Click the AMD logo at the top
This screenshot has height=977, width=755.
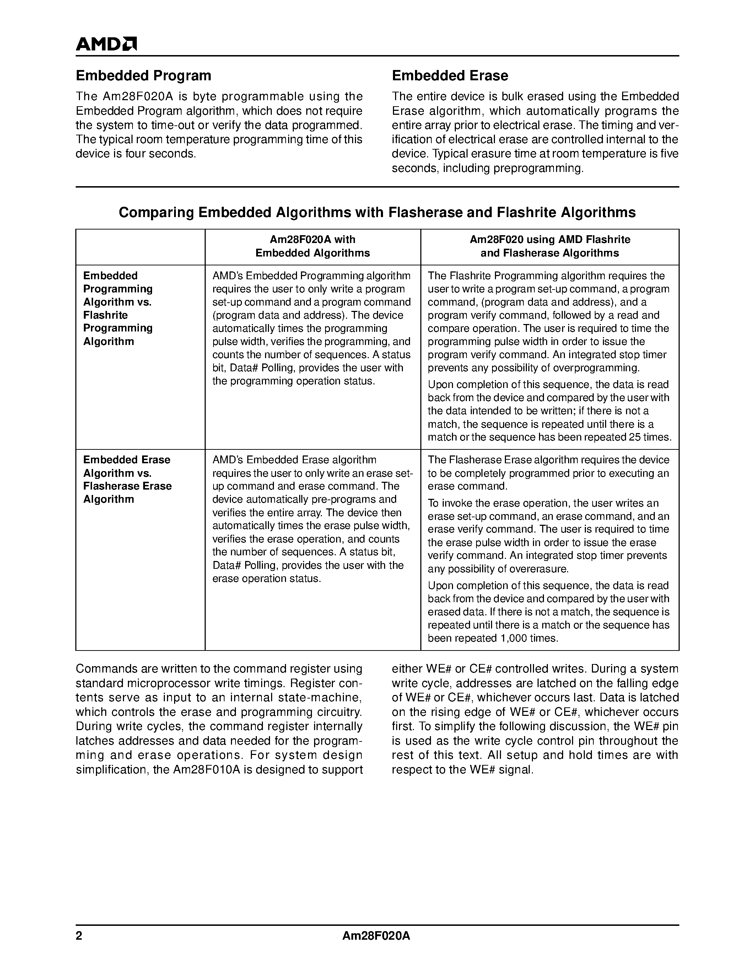point(106,44)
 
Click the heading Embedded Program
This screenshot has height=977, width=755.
point(143,76)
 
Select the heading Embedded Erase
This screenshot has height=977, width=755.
point(449,76)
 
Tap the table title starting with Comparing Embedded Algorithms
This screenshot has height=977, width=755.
point(377,212)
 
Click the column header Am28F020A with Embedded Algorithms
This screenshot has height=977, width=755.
point(312,246)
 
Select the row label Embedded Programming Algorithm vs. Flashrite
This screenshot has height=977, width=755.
point(118,308)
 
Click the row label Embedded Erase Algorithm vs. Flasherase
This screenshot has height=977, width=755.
point(127,479)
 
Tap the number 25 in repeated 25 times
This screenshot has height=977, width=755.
point(634,437)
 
